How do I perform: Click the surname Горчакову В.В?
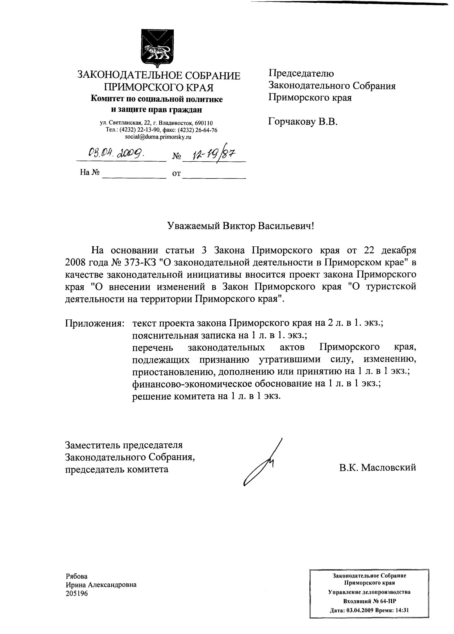pos(303,122)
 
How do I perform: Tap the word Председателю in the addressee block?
pos(301,73)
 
